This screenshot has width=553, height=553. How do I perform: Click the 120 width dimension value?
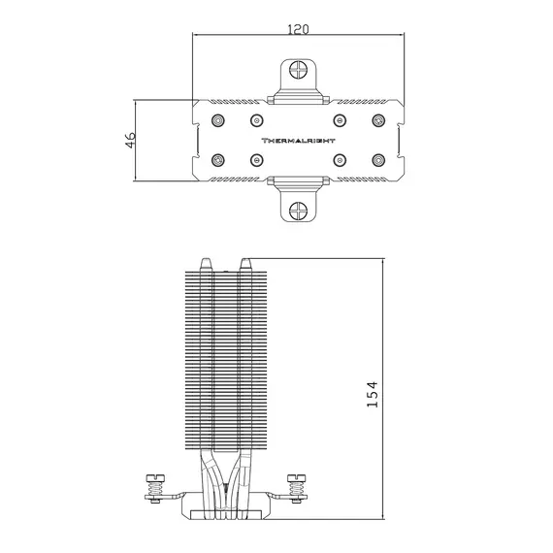click(x=298, y=29)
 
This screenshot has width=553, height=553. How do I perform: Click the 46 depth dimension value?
click(x=130, y=140)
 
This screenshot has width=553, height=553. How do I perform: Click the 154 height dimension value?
click(x=373, y=394)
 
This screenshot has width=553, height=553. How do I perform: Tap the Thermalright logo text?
click(x=298, y=141)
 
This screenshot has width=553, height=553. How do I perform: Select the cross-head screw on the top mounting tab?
click(x=299, y=70)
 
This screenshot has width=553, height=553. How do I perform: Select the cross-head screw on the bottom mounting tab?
click(x=299, y=211)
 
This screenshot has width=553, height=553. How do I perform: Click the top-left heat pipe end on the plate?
click(x=218, y=120)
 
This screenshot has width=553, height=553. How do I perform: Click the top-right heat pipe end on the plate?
click(x=378, y=120)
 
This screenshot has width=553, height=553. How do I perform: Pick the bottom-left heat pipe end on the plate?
click(x=218, y=160)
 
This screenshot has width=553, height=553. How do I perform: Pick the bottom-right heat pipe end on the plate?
click(x=378, y=160)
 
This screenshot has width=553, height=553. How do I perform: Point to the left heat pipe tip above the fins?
click(x=206, y=265)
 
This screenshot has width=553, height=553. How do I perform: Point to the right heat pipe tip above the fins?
click(x=245, y=265)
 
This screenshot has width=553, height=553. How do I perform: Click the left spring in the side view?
click(x=155, y=489)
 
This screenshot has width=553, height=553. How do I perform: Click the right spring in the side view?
click(x=296, y=489)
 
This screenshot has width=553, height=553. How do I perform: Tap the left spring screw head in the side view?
click(x=155, y=478)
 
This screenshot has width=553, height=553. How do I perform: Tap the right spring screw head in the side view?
click(x=296, y=478)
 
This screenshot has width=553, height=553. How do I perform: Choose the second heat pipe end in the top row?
click(x=257, y=120)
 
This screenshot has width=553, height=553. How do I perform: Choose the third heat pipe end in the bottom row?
click(x=340, y=160)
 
